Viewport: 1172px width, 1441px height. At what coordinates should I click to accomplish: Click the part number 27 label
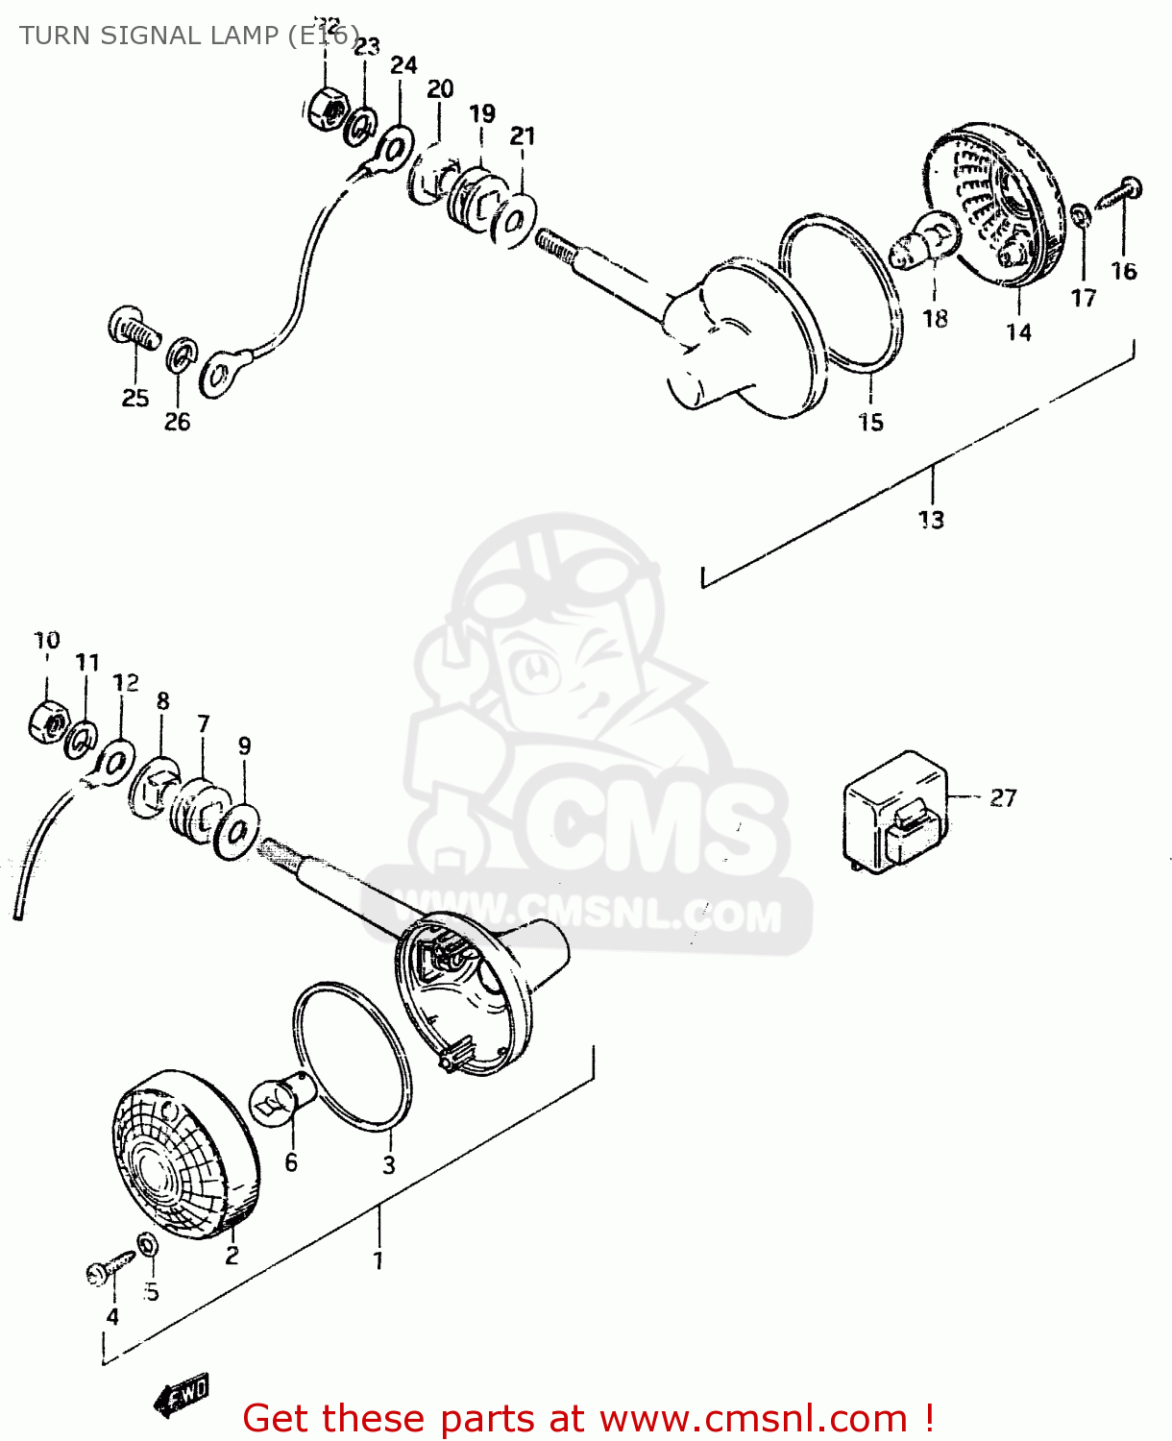(1003, 798)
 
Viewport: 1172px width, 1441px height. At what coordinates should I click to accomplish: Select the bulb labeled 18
(926, 241)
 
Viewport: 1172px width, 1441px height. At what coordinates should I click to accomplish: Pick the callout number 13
(931, 520)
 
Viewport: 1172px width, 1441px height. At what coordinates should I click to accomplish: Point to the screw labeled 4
(110, 1267)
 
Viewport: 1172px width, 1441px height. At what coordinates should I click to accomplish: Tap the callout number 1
(378, 1260)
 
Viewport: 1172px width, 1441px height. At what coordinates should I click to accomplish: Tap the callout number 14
(1018, 332)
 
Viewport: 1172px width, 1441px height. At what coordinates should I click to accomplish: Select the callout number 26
(177, 422)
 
